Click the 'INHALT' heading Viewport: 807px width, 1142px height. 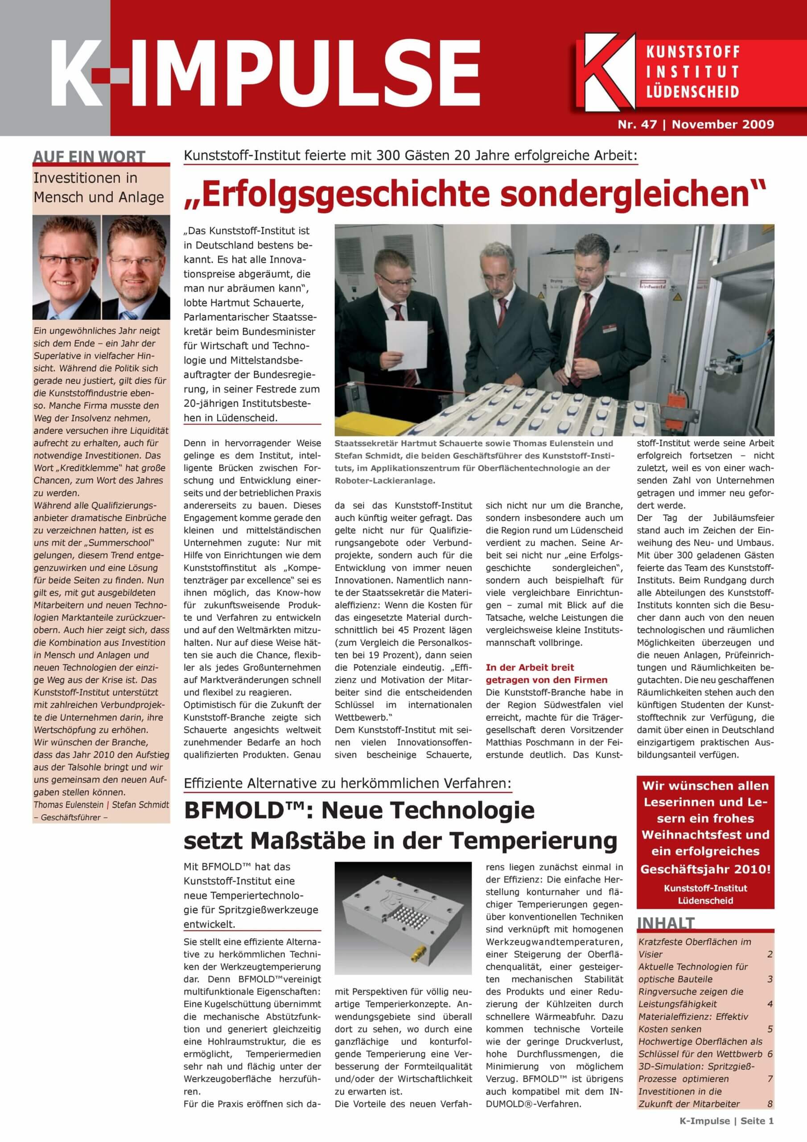click(x=666, y=924)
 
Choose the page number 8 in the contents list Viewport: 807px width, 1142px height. click(x=770, y=1104)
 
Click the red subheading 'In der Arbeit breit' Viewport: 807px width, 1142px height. click(x=530, y=667)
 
